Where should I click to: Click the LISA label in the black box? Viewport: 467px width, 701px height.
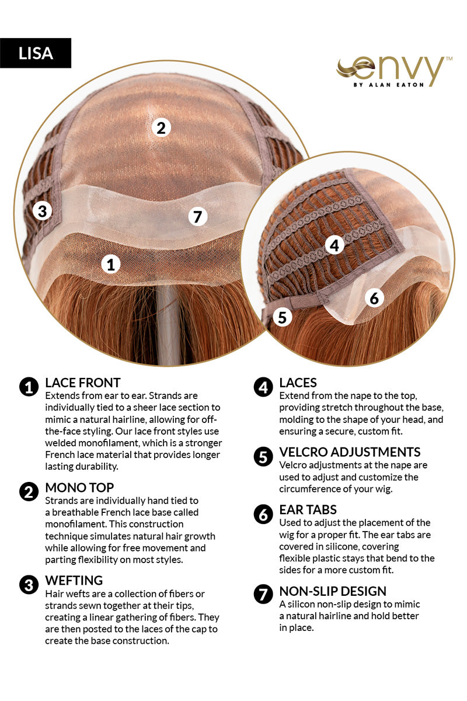[x=36, y=53]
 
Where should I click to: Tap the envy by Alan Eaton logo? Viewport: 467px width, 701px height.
[x=394, y=71]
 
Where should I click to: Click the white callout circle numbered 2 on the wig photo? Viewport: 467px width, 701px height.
[x=161, y=128]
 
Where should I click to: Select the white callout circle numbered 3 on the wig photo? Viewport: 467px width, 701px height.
[x=42, y=211]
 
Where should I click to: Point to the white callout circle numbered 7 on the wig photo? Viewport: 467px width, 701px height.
[x=198, y=216]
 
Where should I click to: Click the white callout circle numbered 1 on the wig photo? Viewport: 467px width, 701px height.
[x=111, y=265]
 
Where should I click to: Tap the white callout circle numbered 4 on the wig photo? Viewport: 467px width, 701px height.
[x=334, y=245]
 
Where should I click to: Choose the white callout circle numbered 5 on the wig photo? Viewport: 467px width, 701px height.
[x=283, y=317]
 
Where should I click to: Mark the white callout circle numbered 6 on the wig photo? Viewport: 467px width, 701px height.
[x=374, y=299]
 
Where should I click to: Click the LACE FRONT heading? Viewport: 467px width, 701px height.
[x=83, y=383]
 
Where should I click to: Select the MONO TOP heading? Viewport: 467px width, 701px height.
[x=79, y=488]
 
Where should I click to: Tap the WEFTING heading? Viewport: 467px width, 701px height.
[x=74, y=581]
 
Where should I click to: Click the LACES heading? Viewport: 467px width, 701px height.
[x=298, y=383]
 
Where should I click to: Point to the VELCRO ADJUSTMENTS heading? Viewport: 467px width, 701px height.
[x=350, y=452]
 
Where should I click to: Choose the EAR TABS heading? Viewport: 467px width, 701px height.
[x=308, y=510]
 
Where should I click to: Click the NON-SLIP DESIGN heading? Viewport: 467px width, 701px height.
[x=333, y=591]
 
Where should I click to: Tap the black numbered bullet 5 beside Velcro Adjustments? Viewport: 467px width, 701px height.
[x=263, y=457]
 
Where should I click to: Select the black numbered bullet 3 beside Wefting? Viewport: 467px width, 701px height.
[x=29, y=585]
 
